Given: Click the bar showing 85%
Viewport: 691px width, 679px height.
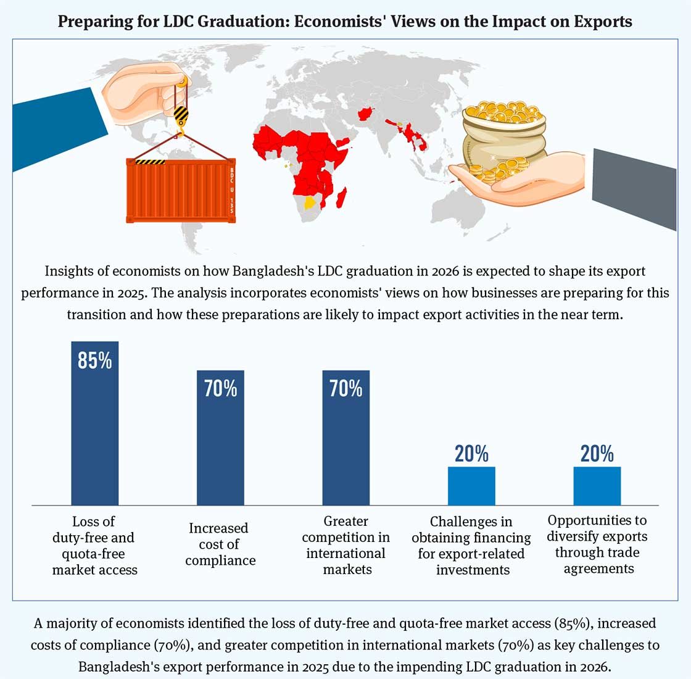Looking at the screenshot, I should point(94,432).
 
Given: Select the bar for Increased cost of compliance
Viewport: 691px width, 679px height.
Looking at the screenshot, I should point(220,444).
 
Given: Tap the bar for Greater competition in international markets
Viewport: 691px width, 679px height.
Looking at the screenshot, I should point(346,444).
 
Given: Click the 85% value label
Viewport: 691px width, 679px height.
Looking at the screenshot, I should point(94,360).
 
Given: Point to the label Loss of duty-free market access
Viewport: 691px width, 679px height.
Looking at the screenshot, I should point(94,545).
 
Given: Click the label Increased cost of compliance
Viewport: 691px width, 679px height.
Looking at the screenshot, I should point(220,544).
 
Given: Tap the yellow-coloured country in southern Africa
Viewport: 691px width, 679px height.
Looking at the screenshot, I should point(310,203).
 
